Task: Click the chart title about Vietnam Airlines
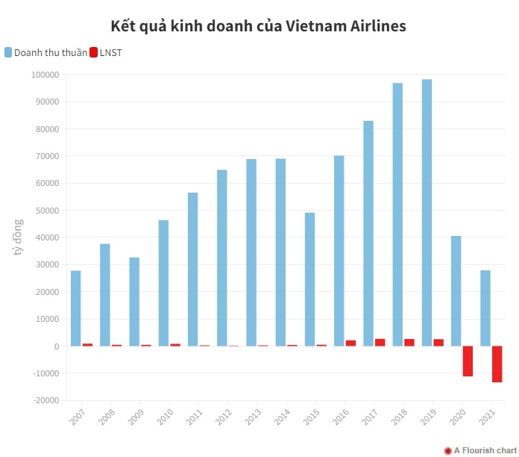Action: [259, 26]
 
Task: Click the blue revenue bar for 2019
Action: [427, 213]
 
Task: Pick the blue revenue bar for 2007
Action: [76, 308]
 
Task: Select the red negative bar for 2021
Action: [497, 364]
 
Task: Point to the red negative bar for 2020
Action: [468, 361]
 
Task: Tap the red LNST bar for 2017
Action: [380, 342]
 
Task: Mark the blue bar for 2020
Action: [456, 291]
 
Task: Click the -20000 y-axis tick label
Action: [46, 400]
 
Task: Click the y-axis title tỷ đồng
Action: [19, 237]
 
